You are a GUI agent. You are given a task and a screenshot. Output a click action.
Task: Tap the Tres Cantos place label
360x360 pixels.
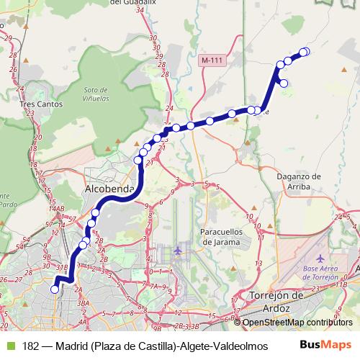(41, 104)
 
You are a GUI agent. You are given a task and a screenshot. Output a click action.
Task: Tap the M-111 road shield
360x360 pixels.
(212, 60)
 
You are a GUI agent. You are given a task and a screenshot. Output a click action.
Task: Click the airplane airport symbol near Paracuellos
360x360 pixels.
(179, 251)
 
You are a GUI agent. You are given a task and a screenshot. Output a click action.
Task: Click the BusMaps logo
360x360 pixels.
(325, 345)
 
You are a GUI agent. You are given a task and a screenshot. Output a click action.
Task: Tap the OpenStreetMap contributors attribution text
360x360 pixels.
(297, 323)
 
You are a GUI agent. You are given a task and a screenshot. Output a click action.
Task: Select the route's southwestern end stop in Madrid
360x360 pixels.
(54, 289)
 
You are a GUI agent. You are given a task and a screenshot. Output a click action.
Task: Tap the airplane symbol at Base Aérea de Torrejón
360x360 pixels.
(322, 258)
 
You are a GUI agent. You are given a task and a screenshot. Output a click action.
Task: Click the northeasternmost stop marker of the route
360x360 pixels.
(305, 51)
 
